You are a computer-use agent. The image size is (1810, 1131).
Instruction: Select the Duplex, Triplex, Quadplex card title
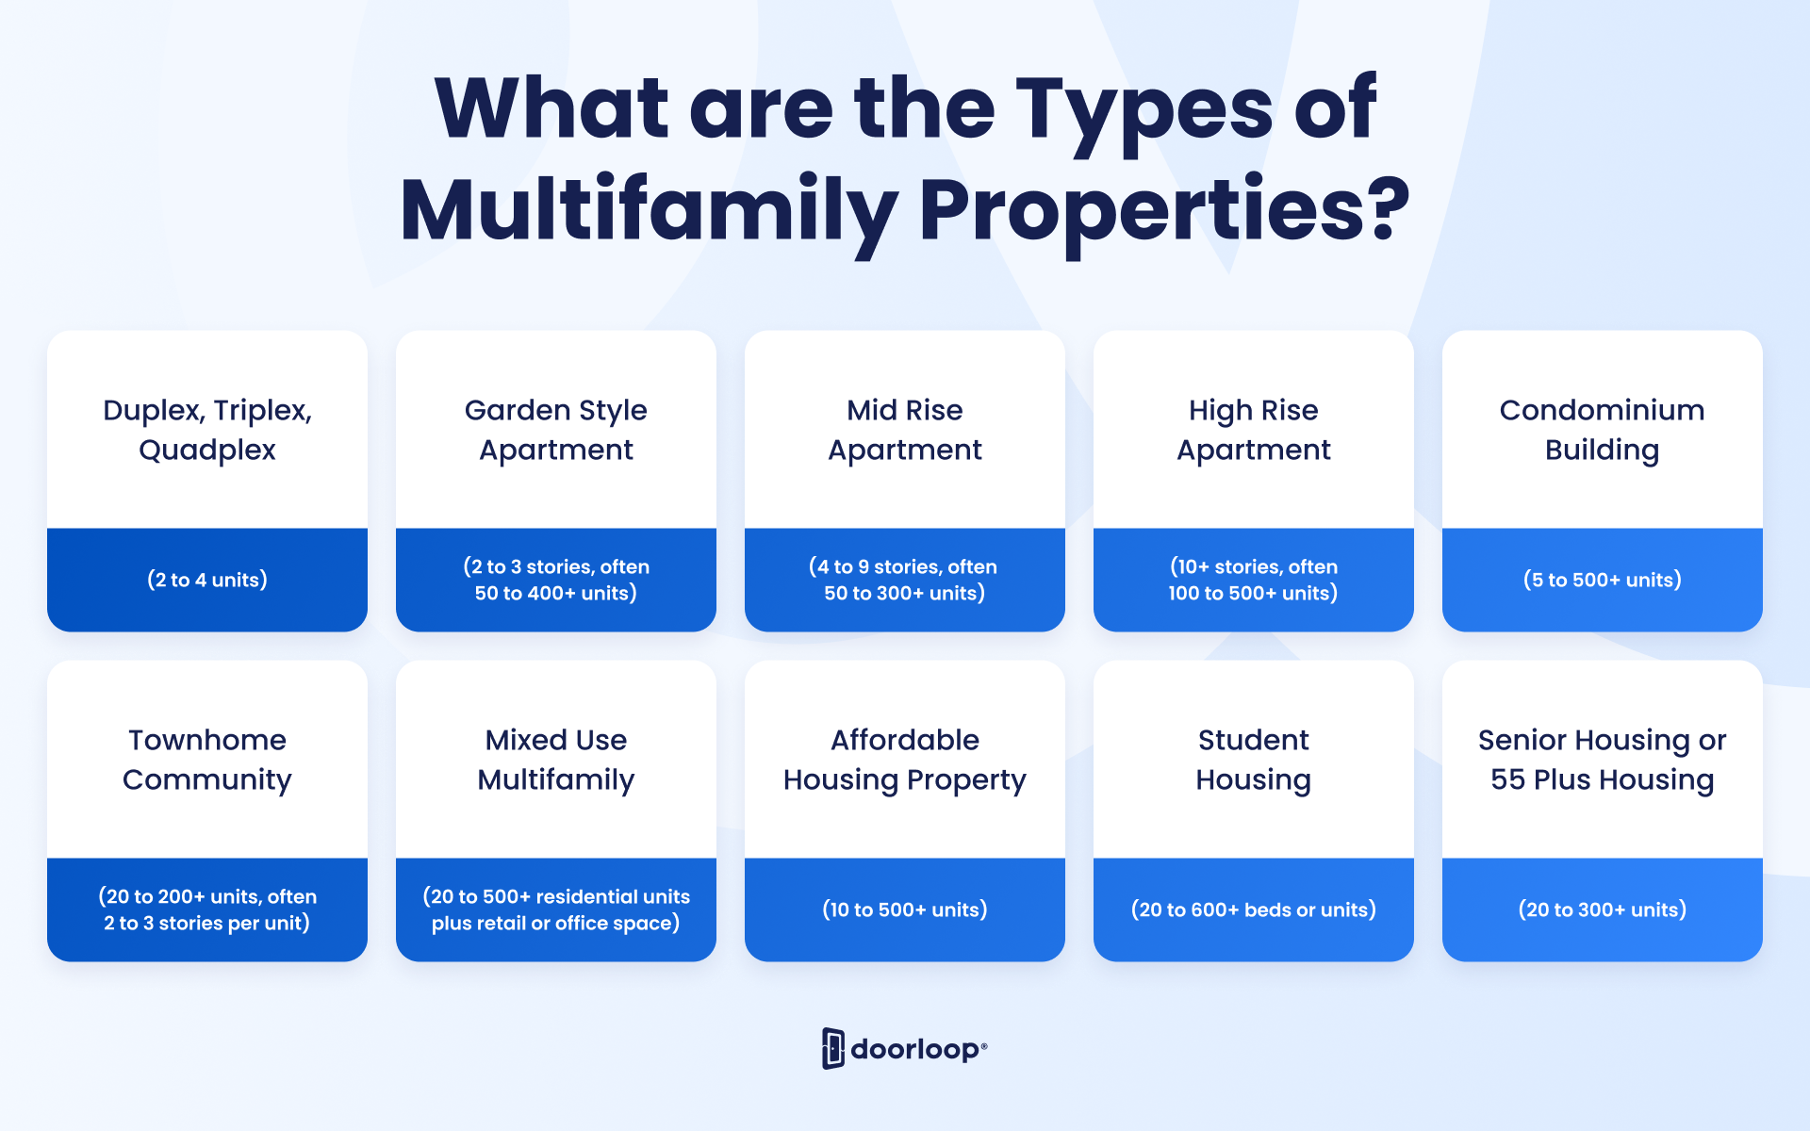pos(207,430)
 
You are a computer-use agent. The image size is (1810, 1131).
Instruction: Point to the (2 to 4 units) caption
pos(207,580)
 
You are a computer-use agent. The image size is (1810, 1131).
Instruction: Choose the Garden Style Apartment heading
pos(556,430)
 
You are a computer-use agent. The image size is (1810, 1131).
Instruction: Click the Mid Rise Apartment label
pos(905,430)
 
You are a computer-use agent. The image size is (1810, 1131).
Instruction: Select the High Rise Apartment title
pos(1254,430)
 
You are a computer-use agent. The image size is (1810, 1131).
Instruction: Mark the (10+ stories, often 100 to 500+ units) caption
pos(1254,580)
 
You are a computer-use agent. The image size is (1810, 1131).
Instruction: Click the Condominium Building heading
pos(1603,430)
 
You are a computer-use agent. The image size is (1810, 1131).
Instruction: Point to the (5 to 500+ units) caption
pos(1603,580)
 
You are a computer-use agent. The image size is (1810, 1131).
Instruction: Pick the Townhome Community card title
pos(207,760)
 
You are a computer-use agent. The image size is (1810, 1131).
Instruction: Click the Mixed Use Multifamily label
pos(556,760)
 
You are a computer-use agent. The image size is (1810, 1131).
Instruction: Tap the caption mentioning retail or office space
pos(556,910)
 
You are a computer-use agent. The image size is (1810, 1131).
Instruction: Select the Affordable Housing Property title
pos(905,760)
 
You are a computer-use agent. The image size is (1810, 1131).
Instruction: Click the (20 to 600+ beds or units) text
pos(1254,910)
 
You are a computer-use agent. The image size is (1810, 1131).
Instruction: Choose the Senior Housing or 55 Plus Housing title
pos(1603,760)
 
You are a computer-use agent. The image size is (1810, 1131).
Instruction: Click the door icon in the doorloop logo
pos(832,1048)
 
